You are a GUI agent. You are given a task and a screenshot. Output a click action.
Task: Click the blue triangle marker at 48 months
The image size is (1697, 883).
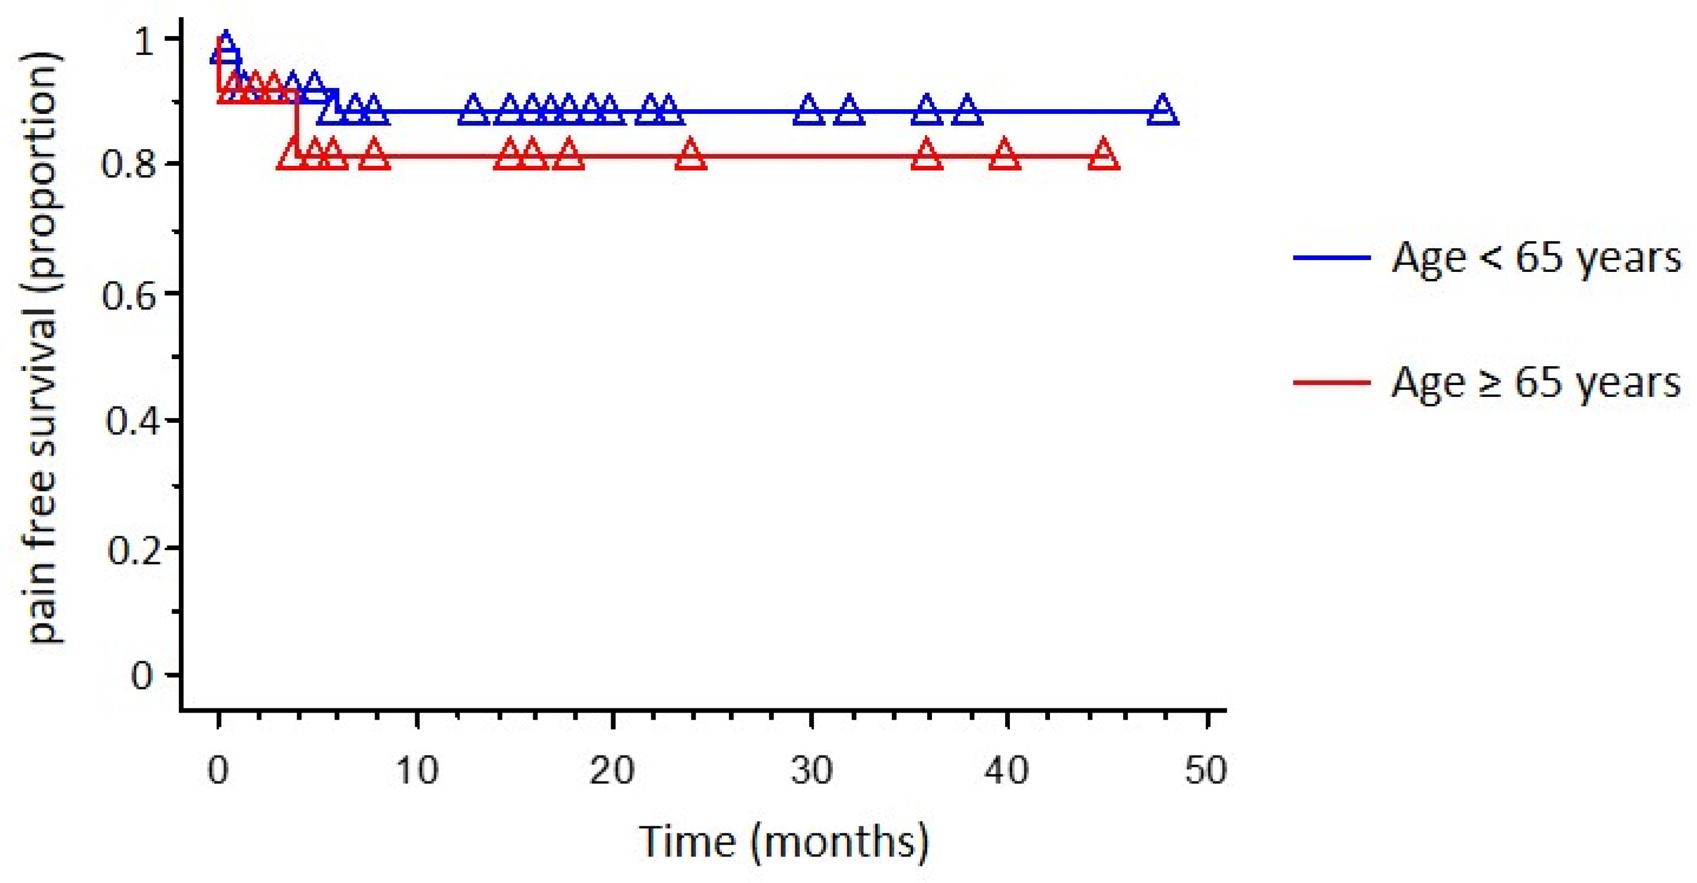point(1163,111)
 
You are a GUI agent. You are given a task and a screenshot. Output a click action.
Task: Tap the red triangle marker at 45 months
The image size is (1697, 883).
point(1104,156)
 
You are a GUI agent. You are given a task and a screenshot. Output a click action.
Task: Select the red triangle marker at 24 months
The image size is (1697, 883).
point(690,156)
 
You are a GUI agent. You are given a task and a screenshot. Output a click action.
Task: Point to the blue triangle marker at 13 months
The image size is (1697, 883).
point(473,111)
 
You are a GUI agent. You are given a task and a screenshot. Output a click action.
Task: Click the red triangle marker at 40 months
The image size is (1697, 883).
point(1005,156)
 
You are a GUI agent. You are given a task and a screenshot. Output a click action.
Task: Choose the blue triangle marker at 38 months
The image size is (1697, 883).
point(966,111)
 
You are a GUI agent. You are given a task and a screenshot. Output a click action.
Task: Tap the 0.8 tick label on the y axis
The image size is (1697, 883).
point(129,163)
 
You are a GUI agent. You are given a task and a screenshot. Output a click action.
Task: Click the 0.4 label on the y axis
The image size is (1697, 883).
point(132,421)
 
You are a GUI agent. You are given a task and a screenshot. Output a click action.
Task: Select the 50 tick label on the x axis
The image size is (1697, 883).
point(1206,770)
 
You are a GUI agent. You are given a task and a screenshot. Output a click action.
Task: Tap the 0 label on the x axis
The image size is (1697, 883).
point(218,770)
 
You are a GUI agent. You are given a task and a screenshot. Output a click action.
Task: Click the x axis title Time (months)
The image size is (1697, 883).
point(784,842)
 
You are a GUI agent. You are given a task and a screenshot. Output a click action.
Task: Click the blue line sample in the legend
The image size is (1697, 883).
point(1332,257)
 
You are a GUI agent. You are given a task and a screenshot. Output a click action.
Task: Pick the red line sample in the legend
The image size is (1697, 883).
point(1332,382)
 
